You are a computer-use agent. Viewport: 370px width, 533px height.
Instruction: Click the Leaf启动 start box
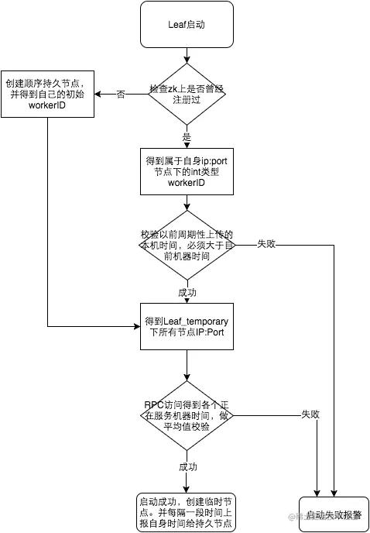pos(186,25)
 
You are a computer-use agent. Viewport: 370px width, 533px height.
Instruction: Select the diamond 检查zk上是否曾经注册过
pos(186,95)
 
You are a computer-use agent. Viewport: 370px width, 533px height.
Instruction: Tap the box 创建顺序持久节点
pos(48,94)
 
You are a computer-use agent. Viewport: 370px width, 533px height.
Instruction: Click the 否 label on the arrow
pos(121,95)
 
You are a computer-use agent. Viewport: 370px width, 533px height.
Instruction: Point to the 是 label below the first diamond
pos(186,136)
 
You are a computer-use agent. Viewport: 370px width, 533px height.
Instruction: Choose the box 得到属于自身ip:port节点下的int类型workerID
pos(186,171)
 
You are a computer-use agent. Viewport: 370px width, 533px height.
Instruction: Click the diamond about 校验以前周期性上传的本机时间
pos(186,245)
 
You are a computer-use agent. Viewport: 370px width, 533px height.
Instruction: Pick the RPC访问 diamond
pos(186,415)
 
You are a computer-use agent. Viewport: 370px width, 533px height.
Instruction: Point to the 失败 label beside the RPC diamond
pos(310,415)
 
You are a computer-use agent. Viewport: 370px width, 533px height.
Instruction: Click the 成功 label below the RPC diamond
pos(187,467)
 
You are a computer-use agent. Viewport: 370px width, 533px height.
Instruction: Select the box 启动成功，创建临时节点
pos(186,512)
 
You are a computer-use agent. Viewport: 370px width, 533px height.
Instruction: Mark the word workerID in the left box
pos(47,105)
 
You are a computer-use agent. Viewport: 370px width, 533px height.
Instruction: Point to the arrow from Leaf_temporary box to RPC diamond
pos(186,366)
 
